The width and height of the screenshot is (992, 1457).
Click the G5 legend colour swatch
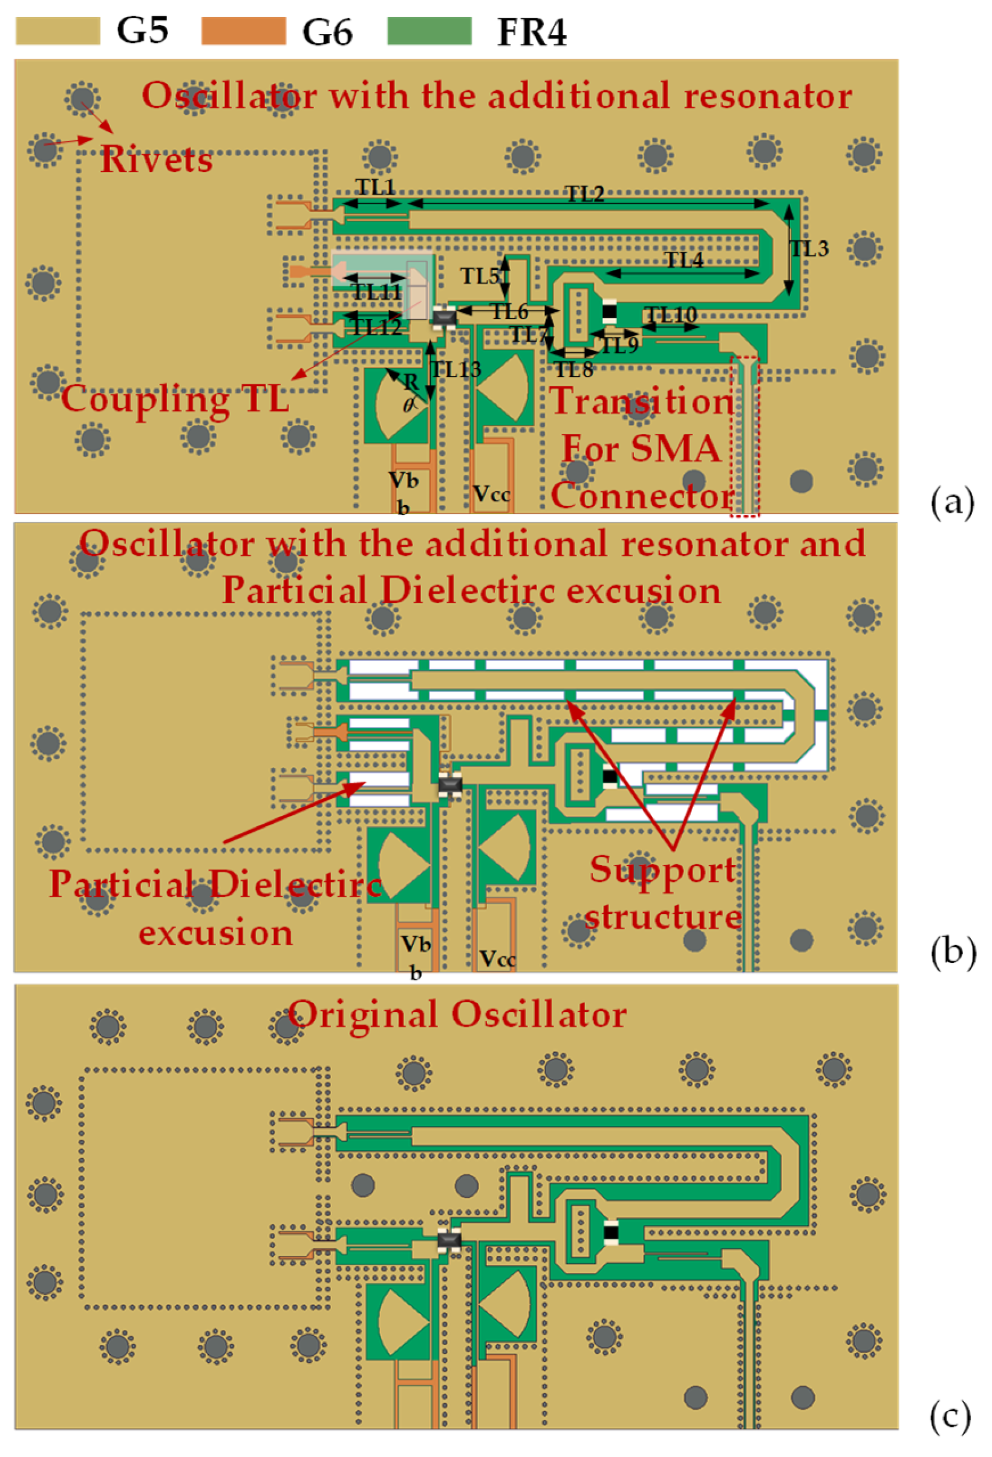point(57,31)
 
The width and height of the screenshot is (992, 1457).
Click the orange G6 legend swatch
point(243,31)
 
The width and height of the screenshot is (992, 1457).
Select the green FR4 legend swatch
point(429,31)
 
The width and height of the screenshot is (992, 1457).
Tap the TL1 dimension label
point(376,187)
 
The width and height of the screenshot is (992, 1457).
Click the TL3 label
point(809,249)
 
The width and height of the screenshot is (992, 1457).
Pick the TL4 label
point(684,260)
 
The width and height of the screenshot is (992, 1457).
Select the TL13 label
point(455,369)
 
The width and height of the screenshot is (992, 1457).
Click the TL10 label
point(671,314)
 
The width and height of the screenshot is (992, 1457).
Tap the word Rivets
point(156,159)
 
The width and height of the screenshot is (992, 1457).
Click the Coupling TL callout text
point(175,399)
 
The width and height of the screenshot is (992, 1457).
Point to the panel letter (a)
point(953,502)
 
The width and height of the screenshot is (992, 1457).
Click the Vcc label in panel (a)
point(491,494)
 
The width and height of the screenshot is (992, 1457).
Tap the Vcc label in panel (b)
point(498,959)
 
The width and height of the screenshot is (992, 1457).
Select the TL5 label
point(480,276)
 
